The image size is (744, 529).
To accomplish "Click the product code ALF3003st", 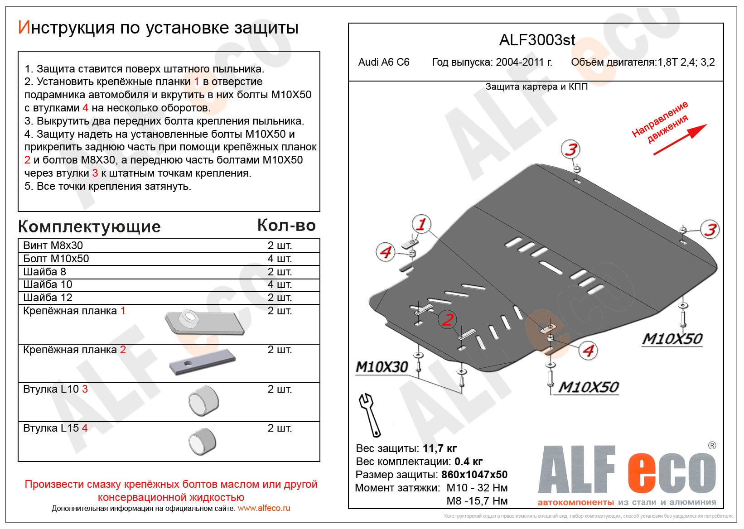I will (x=537, y=40).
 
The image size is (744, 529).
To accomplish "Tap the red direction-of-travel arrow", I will (x=680, y=139).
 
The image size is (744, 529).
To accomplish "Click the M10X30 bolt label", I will (x=382, y=367).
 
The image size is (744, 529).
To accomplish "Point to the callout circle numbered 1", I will (x=421, y=224).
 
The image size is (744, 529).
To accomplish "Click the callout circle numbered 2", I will (x=448, y=320).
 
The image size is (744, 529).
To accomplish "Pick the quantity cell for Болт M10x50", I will (x=280, y=259).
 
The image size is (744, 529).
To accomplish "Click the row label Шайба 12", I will (x=48, y=298).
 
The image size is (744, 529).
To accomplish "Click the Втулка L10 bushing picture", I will (x=204, y=401).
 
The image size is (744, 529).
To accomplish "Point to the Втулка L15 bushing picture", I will (x=203, y=441).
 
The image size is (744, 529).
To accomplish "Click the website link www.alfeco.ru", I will (x=264, y=508).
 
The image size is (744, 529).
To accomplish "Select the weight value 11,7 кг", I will (x=440, y=448).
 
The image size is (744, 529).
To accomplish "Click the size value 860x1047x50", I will (x=474, y=475).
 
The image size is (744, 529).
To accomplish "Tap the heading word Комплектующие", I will (x=89, y=226).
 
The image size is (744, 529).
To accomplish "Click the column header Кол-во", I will (x=286, y=225).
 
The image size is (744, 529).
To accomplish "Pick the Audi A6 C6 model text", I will (x=384, y=63).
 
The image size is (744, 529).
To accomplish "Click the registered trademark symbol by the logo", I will (x=712, y=446).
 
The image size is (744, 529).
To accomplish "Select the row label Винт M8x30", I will (x=53, y=245).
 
